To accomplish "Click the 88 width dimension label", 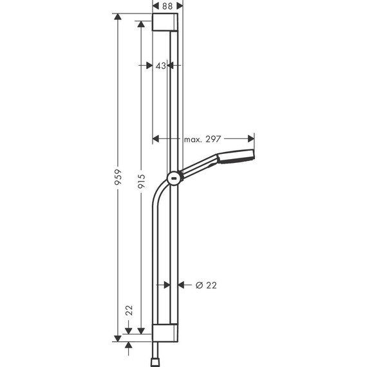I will click(167, 5).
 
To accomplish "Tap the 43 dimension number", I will click(161, 66).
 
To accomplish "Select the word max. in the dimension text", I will click(193, 138).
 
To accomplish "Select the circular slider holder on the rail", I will click(173, 178).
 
